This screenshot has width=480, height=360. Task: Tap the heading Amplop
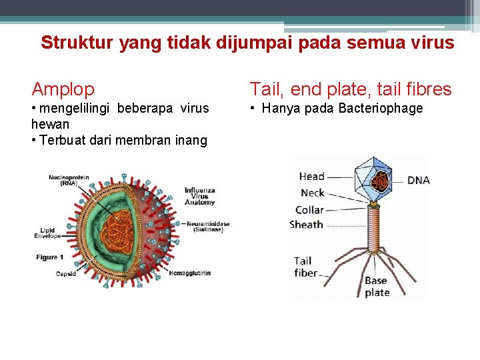tap(63, 89)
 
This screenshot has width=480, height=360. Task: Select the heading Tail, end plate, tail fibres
tap(350, 89)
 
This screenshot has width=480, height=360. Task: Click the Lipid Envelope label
tap(47, 233)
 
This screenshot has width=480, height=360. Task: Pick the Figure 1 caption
tap(50, 257)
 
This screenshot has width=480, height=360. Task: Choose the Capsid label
tap(65, 273)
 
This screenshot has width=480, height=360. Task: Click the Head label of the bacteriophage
tap(311, 177)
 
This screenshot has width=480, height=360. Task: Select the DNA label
tap(418, 181)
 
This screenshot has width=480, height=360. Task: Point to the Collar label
tap(309, 209)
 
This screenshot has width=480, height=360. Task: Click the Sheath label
tap(306, 225)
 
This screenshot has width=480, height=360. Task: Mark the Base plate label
tap(377, 287)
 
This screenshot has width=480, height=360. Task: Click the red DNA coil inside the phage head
tap(382, 182)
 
